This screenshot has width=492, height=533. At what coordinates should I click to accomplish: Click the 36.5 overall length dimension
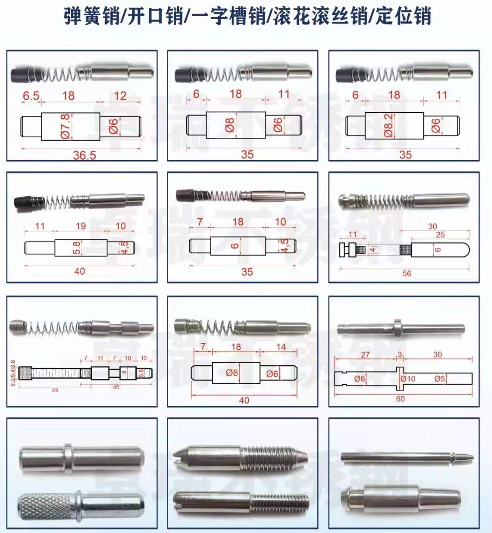click(x=84, y=155)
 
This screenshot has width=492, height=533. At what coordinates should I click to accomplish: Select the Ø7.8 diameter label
click(x=65, y=126)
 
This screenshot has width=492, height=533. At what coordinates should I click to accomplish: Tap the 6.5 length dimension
click(x=31, y=96)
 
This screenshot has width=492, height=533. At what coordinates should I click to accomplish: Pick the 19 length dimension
click(x=81, y=226)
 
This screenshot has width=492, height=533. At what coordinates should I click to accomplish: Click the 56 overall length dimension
click(x=406, y=274)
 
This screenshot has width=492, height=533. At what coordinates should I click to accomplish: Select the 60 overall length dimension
click(x=400, y=399)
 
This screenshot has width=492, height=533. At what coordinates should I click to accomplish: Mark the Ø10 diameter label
click(x=407, y=379)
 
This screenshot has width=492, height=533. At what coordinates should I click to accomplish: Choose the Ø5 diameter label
click(x=440, y=379)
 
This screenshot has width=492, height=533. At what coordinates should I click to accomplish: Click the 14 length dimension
click(x=281, y=347)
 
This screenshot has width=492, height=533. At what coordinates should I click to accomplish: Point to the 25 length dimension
click(x=440, y=235)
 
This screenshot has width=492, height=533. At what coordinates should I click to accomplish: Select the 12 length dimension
click(x=120, y=96)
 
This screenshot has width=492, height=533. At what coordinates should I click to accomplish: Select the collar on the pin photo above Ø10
click(x=398, y=328)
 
